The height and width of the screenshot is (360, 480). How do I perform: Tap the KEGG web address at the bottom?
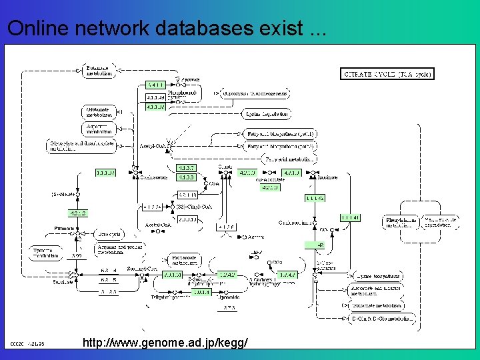pyautogui.click(x=165, y=342)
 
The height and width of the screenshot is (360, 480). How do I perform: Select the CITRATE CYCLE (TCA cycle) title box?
pyautogui.click(x=387, y=73)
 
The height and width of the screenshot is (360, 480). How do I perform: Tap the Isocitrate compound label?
pyautogui.click(x=326, y=177)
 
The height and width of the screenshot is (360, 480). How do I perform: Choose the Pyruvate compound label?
pyautogui.click(x=190, y=79)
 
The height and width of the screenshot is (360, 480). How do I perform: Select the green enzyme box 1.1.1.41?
pyautogui.click(x=349, y=217)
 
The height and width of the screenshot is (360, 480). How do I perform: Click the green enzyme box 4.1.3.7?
pyautogui.click(x=186, y=167)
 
